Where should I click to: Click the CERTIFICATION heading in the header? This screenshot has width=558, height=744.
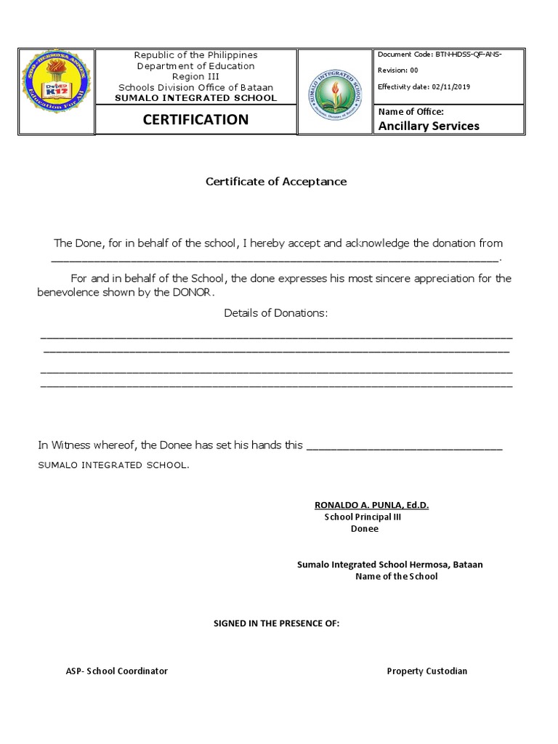(x=196, y=119)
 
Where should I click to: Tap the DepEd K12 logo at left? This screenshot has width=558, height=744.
(x=55, y=92)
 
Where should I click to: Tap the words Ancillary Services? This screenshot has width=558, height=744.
(x=428, y=126)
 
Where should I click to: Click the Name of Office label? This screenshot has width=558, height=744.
(x=410, y=111)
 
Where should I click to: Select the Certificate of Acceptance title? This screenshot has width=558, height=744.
(x=275, y=182)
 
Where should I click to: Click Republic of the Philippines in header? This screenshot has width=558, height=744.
(x=196, y=55)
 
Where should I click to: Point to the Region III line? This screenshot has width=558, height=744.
(x=196, y=76)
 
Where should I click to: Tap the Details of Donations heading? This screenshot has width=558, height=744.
(x=275, y=313)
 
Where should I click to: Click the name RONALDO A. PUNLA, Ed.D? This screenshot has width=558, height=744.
(x=371, y=505)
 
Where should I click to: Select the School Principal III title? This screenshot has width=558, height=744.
(x=363, y=517)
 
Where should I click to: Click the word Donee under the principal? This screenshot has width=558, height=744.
(x=364, y=529)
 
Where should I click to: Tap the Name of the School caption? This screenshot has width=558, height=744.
(x=396, y=577)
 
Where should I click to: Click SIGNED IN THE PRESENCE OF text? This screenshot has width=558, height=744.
(x=275, y=624)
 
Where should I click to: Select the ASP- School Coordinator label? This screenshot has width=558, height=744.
(x=116, y=671)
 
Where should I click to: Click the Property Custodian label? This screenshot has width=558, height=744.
(x=426, y=671)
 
